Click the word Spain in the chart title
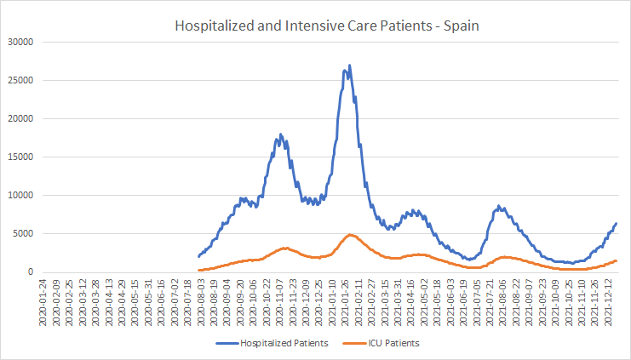(462, 26)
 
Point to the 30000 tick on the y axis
(20, 42)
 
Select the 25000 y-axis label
(20, 80)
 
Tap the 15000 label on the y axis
(20, 157)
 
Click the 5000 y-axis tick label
(22, 233)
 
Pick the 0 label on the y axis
(31, 271)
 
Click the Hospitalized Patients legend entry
(272, 343)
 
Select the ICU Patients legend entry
(381, 343)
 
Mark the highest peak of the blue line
(349, 66)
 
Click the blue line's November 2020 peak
(280, 134)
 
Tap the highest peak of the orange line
(350, 235)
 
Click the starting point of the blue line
(198, 256)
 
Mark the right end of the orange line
(617, 261)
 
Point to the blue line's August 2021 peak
(499, 206)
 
